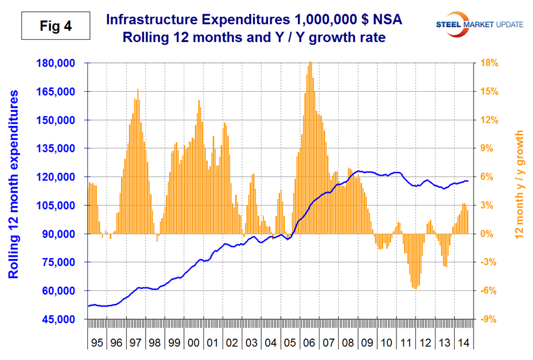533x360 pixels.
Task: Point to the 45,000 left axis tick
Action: (64, 320)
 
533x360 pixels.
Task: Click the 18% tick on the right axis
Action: (489, 63)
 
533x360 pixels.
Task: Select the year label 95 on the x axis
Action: (97, 343)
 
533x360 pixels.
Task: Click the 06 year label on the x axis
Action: (309, 343)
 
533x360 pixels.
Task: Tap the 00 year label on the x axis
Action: (193, 343)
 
